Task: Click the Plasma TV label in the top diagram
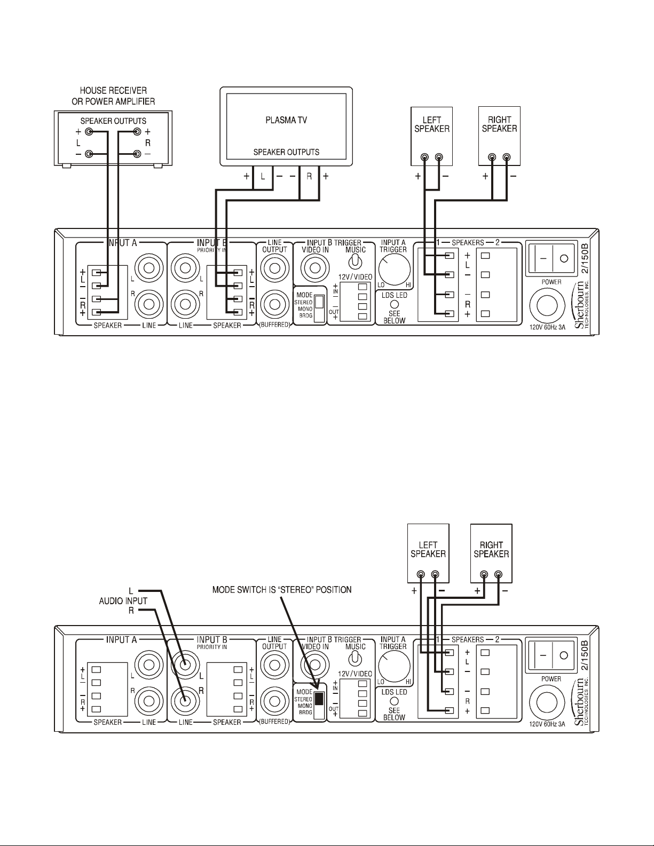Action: tap(286, 120)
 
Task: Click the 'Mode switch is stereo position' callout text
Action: tap(282, 590)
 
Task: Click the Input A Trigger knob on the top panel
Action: tap(395, 269)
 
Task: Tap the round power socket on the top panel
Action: tap(544, 307)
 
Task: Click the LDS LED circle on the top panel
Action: tap(395, 303)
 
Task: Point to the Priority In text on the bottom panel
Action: tap(212, 646)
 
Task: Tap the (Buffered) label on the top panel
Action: tap(274, 325)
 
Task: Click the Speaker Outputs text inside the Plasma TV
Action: tap(286, 152)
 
